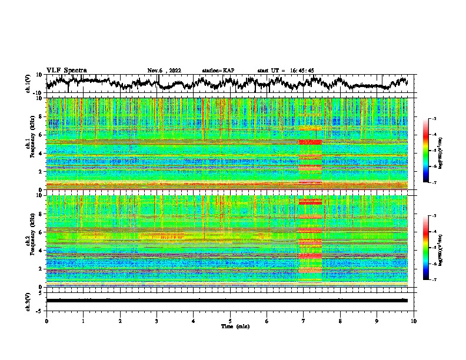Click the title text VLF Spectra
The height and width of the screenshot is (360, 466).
point(66,71)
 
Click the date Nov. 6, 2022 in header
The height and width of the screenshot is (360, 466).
point(164,71)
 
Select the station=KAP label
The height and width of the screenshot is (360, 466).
point(218,71)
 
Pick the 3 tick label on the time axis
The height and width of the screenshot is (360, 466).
point(157,321)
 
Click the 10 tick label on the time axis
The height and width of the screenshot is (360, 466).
point(414,321)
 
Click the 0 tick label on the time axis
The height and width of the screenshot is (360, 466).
point(46,321)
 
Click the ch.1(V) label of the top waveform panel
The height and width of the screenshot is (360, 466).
point(29,84)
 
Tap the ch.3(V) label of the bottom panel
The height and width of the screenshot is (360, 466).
point(29,300)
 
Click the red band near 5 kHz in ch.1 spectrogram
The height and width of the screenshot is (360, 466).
point(310,142)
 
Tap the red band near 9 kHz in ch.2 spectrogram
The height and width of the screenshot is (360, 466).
point(310,202)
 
